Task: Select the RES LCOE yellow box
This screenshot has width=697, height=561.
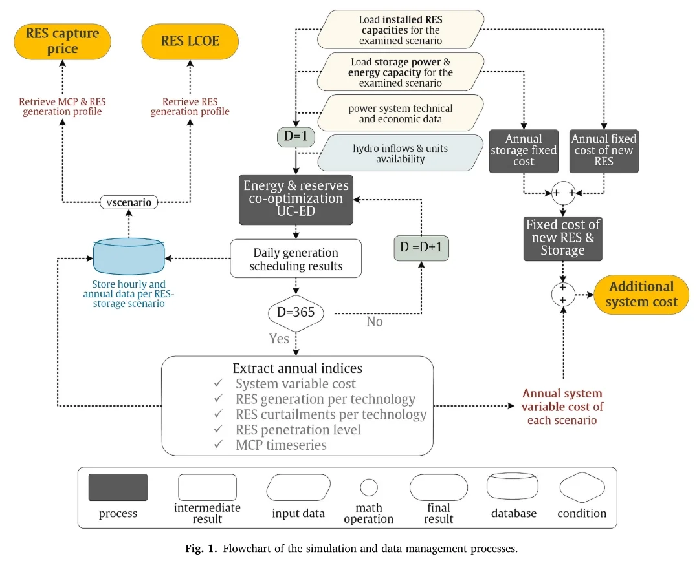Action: (x=190, y=41)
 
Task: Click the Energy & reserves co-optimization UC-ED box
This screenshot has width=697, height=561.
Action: (x=296, y=199)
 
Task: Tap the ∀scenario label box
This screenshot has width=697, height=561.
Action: (x=129, y=202)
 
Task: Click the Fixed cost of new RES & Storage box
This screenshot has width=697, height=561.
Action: (x=562, y=238)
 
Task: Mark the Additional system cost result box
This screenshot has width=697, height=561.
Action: (x=641, y=295)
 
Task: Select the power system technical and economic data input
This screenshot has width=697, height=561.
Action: (x=401, y=113)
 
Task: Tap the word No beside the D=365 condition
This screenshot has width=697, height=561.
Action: (x=375, y=321)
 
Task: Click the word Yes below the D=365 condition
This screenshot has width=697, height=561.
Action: (x=279, y=339)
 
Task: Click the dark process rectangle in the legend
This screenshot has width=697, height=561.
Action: (x=118, y=488)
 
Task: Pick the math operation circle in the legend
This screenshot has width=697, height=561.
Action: (x=369, y=487)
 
